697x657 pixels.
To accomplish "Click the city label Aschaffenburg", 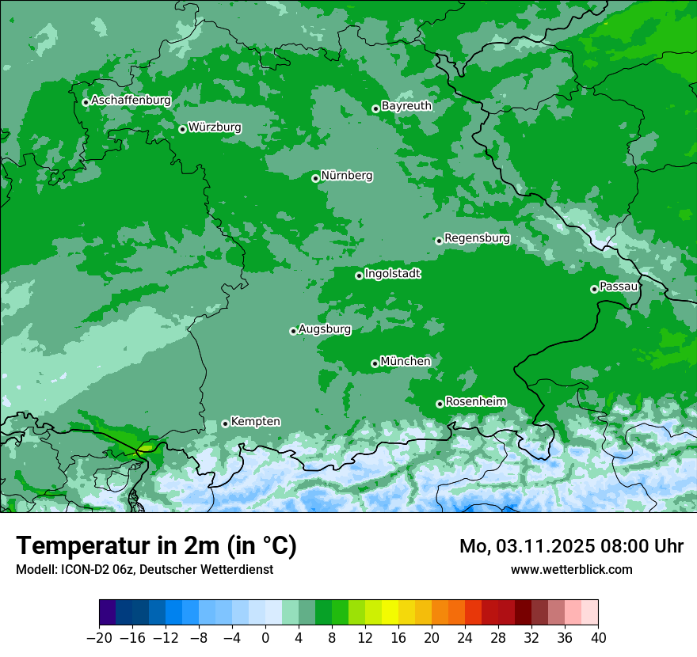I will tap(131, 101).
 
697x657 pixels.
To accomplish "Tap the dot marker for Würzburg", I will tap(182, 129).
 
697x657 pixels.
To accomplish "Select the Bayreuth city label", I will tap(406, 105).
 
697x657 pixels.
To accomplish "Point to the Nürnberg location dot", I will tap(315, 178).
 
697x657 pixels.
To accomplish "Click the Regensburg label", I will tap(477, 237).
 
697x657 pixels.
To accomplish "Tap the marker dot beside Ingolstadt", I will tap(359, 275).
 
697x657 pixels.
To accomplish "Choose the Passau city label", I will tap(619, 286).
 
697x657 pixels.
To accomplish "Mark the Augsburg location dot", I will tap(293, 331).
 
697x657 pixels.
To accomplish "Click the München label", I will tap(406, 361).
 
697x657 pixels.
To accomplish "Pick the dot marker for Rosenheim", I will tap(440, 404).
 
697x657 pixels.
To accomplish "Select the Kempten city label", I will tap(255, 421).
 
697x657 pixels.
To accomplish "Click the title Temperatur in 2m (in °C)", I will tap(156, 546).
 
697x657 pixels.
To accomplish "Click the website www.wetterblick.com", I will tap(571, 569).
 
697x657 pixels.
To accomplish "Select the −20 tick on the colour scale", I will tap(100, 638).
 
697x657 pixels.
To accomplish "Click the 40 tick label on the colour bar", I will tap(598, 638).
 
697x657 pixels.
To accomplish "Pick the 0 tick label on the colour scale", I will tap(265, 638).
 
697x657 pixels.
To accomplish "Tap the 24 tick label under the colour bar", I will tap(465, 638).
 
